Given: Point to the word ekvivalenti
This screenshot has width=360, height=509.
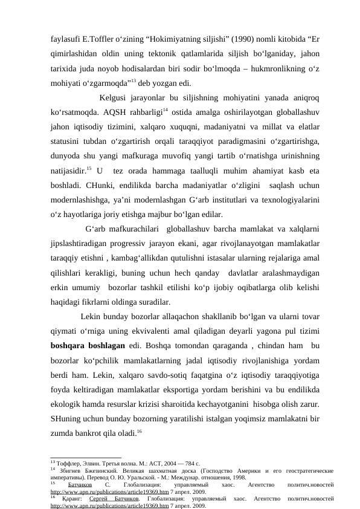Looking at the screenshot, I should coord(146,331).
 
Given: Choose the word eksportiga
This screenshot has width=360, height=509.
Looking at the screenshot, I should coord(191,389).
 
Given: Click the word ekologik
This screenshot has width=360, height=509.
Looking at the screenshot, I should coord(68,404).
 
